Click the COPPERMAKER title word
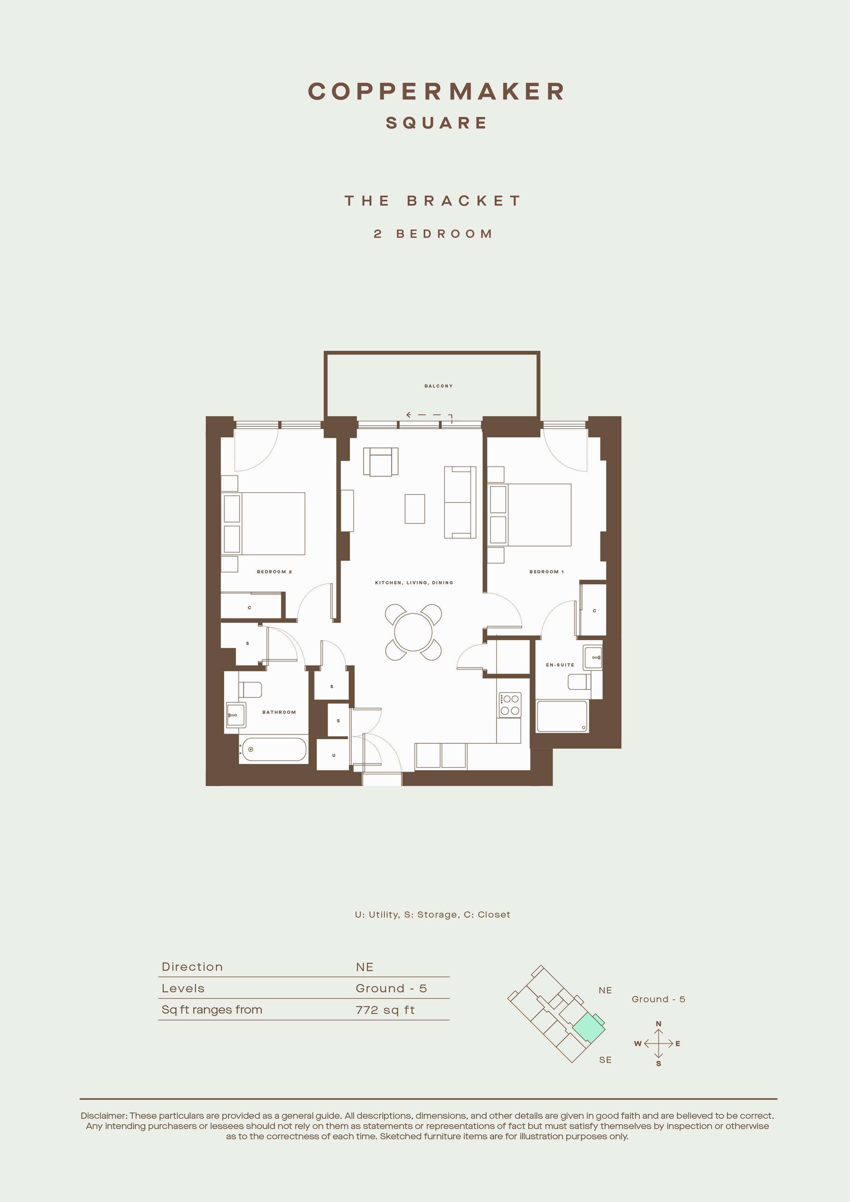coord(436,91)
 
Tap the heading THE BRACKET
coord(433,201)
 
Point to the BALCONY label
coord(439,386)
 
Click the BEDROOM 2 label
coord(274,572)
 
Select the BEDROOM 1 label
coord(546,572)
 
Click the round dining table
coord(413,632)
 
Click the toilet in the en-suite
coord(579,682)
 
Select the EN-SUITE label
coord(560,665)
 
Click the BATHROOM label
coord(279,712)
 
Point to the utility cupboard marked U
coord(333,755)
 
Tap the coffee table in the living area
coord(415,508)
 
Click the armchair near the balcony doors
coord(381,462)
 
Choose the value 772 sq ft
coord(385,1010)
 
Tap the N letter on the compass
coord(658,1023)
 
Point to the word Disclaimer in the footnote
coord(103,1116)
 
